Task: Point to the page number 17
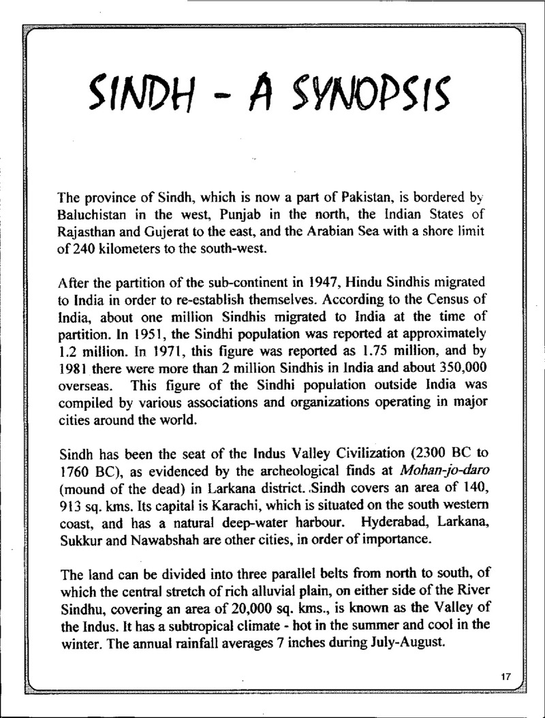(505, 677)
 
